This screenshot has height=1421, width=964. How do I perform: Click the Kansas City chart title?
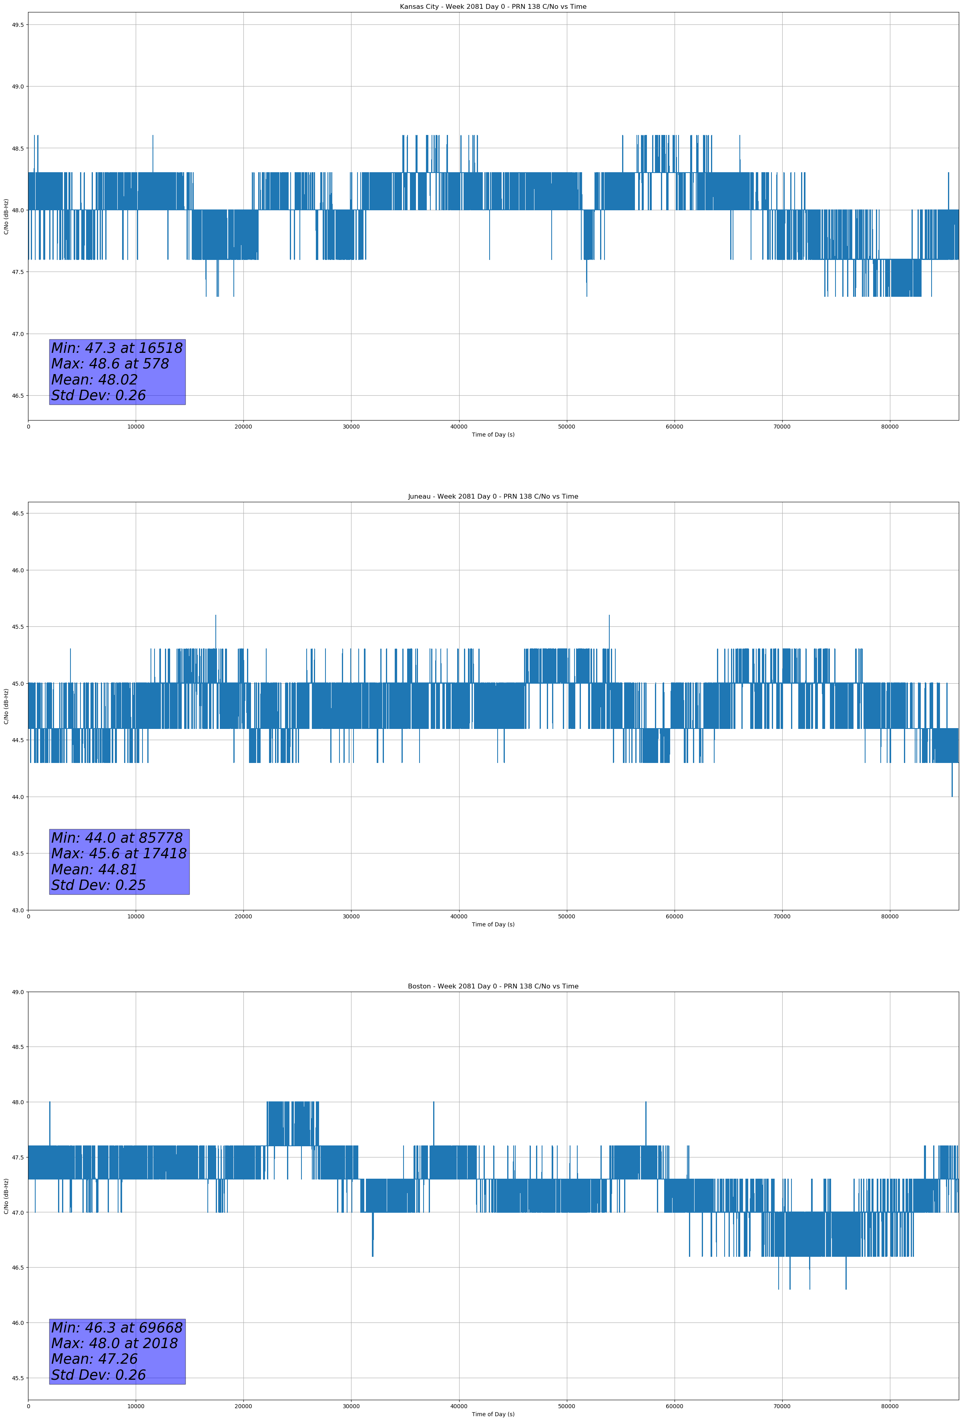(493, 7)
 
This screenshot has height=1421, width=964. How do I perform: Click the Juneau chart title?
(493, 497)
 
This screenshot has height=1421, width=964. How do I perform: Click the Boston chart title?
(493, 986)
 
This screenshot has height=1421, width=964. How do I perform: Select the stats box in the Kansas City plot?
(117, 372)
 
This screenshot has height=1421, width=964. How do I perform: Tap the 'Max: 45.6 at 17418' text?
(118, 853)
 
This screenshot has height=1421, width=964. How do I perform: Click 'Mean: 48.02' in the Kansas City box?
(94, 380)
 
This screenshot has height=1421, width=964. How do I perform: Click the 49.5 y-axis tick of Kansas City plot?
(18, 24)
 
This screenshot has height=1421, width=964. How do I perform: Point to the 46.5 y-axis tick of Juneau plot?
(18, 513)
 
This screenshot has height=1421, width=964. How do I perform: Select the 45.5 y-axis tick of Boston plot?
(18, 1378)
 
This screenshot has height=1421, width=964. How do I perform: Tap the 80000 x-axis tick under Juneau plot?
(890, 916)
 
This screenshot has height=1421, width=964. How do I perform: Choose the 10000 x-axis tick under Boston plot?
(136, 1406)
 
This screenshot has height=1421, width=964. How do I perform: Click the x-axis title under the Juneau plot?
(493, 924)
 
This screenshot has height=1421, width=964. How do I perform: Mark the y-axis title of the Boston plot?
(6, 1196)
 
